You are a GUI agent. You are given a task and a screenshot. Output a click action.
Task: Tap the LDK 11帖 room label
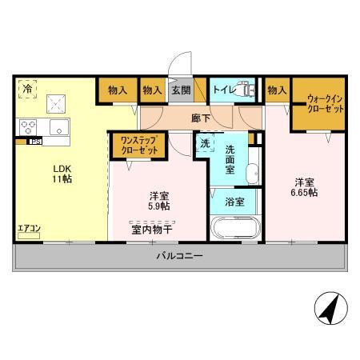pyautogui.click(x=62, y=174)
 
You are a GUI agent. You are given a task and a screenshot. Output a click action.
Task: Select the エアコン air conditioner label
pyautogui.click(x=29, y=229)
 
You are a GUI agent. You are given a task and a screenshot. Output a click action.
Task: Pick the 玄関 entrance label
pyautogui.click(x=180, y=90)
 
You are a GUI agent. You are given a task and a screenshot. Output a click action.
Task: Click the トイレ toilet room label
pyautogui.click(x=222, y=90)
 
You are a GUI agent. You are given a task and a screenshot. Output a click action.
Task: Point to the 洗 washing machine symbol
pyautogui.click(x=204, y=144)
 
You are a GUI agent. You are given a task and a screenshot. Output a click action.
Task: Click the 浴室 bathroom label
pyautogui.click(x=234, y=201)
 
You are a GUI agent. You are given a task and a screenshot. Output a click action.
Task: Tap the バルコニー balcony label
pyautogui.click(x=178, y=257)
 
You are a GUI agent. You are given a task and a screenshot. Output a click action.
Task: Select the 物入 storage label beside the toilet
pyautogui.click(x=277, y=90)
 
